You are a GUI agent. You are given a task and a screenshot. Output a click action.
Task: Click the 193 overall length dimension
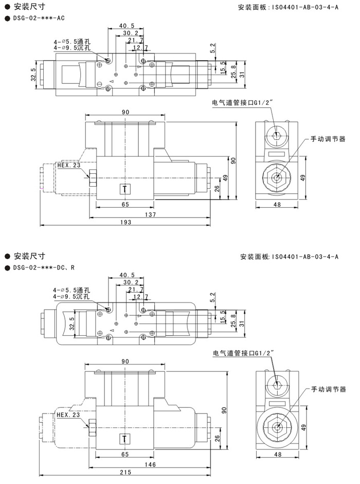coord(125,222)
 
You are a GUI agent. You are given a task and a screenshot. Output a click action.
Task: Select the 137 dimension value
coord(150,214)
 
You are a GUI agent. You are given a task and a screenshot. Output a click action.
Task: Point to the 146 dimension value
coord(151,464)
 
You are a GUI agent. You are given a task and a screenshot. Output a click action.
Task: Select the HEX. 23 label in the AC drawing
coord(69,165)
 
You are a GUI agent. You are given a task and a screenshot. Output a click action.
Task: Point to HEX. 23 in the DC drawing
coord(69,415)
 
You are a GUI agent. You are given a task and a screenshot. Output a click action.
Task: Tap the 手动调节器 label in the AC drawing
coord(328,139)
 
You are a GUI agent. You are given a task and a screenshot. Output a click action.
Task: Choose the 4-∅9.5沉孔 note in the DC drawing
coord(71,297)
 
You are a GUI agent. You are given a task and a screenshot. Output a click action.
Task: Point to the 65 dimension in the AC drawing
coord(125,205)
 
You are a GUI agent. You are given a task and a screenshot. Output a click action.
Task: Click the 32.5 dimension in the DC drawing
coord(70,325)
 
